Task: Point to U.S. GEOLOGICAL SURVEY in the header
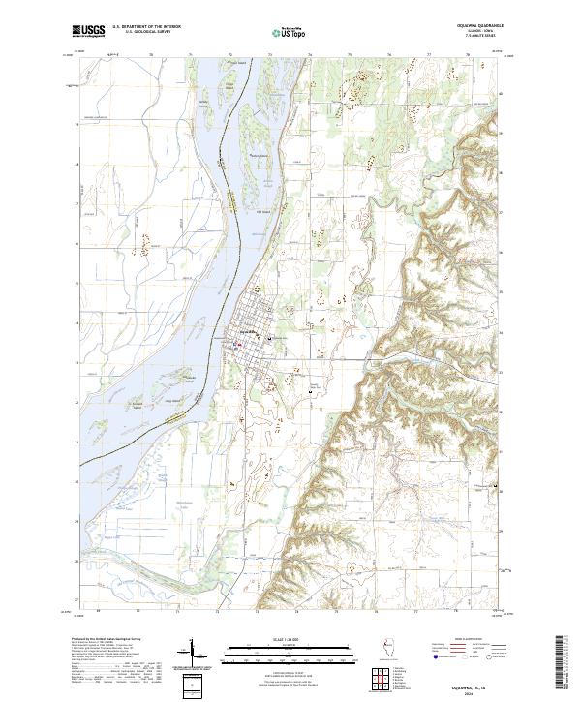tap(145, 32)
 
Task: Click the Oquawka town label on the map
tap(248, 332)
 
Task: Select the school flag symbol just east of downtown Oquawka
tap(268, 338)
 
